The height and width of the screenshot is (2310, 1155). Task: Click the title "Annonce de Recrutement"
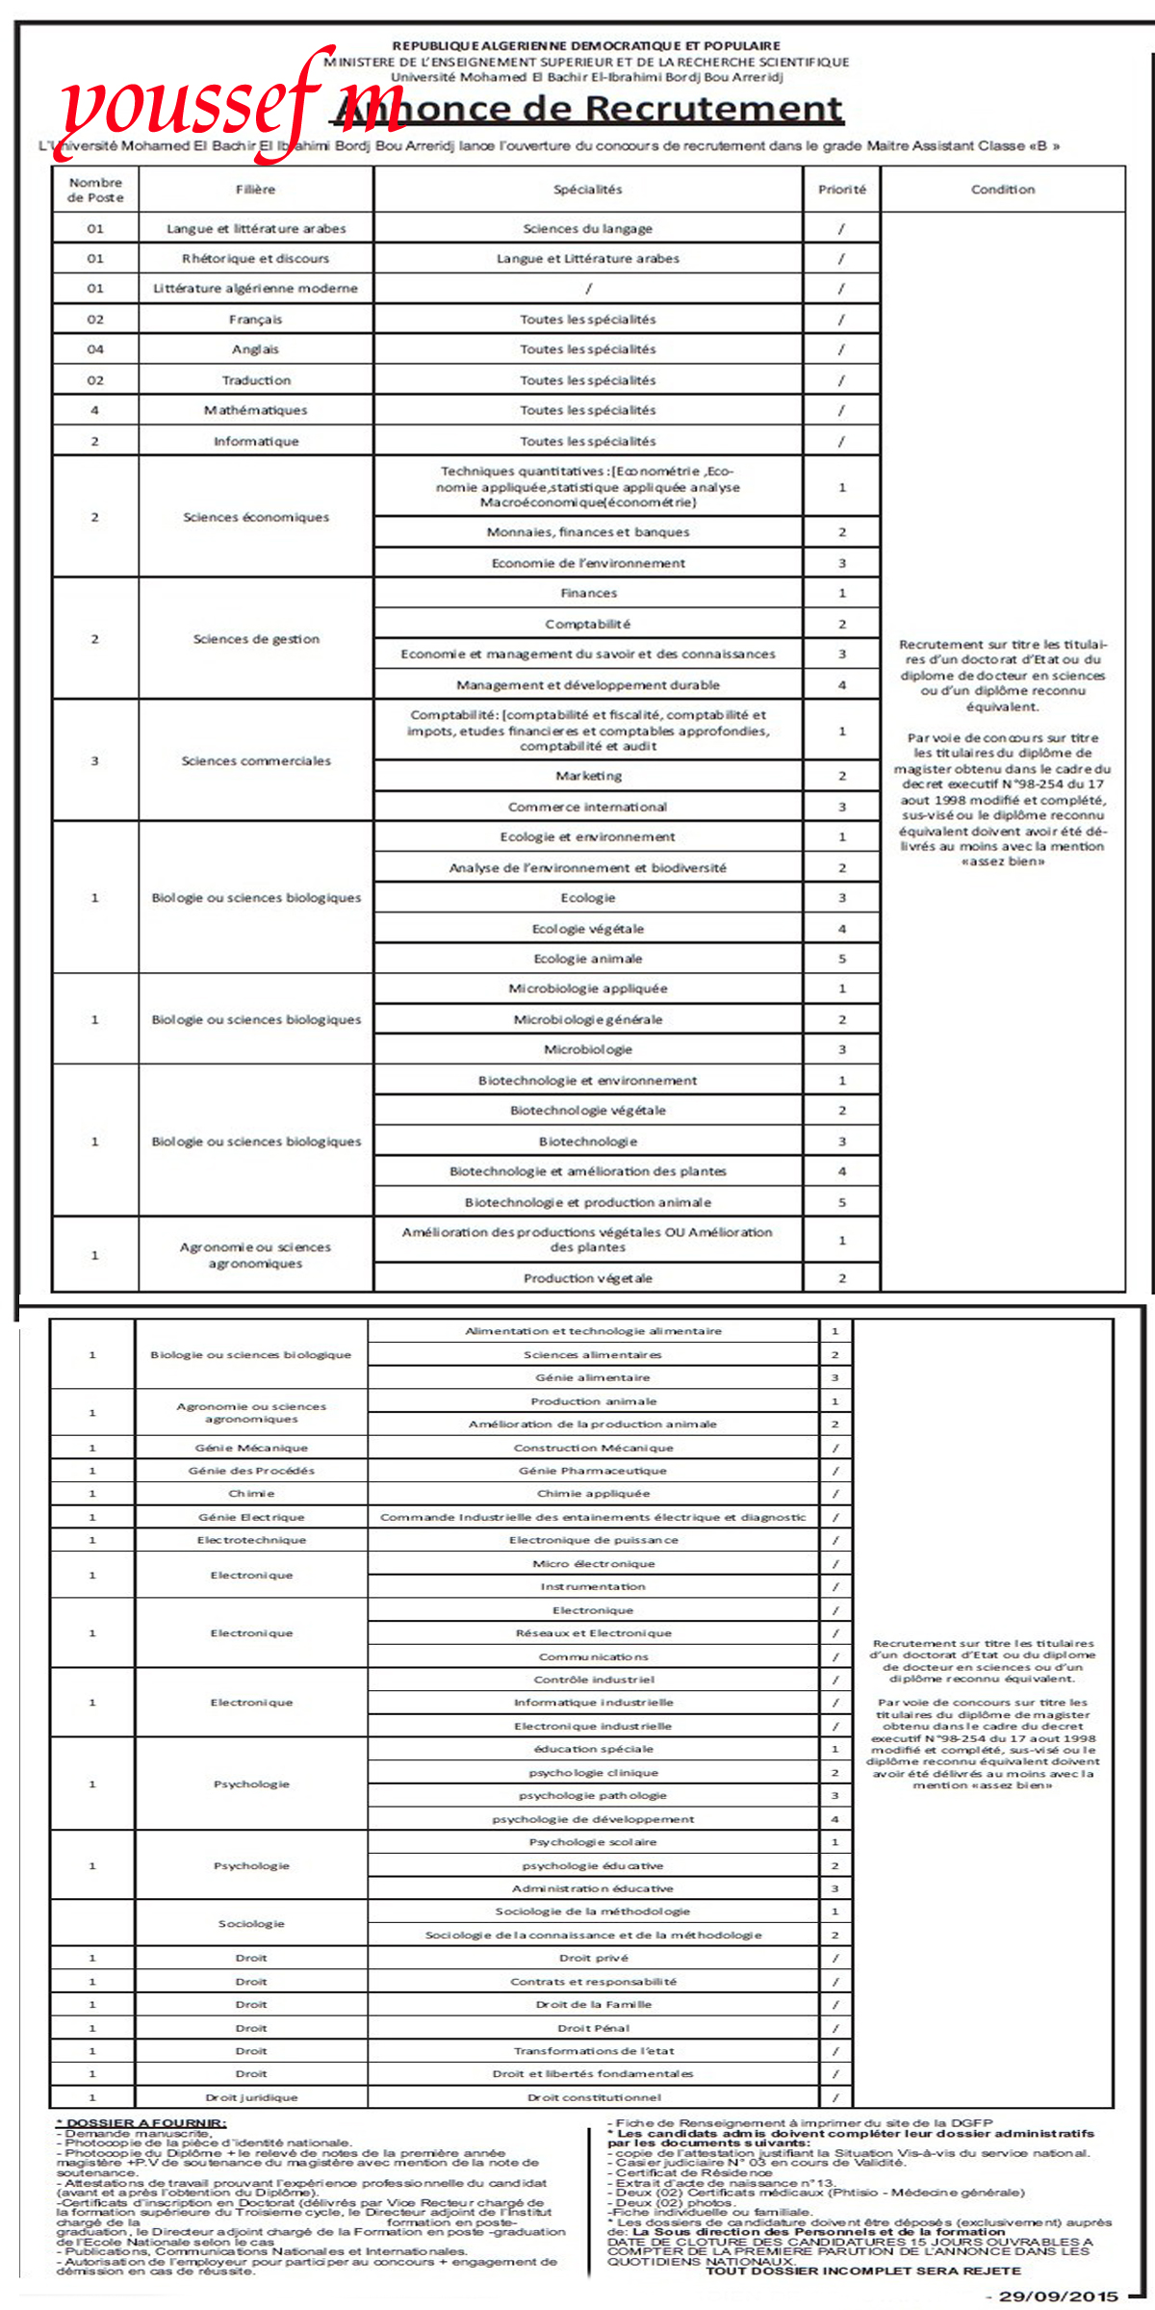point(589,109)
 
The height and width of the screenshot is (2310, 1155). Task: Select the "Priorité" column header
point(842,190)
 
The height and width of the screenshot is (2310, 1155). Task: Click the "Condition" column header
point(1003,190)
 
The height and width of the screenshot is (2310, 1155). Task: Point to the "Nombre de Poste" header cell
point(95,190)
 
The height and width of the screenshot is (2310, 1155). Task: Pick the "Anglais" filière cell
point(255,349)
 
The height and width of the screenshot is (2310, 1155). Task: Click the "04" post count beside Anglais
point(95,349)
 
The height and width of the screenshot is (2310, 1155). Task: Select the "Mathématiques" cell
point(255,410)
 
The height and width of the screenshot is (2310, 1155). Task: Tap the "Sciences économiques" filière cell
point(255,517)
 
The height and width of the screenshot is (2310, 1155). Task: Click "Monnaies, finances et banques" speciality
point(588,532)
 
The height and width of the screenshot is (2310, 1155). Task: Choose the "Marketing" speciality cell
point(588,776)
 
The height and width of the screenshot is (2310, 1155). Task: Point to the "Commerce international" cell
point(588,807)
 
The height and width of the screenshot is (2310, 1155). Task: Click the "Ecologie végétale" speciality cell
point(588,929)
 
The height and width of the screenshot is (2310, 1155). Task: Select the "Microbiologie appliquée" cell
point(588,988)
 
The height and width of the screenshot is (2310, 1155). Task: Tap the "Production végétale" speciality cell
point(588,1278)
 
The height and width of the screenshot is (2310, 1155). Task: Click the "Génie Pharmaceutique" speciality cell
point(593,1471)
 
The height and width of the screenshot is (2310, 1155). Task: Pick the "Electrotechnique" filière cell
point(251,1540)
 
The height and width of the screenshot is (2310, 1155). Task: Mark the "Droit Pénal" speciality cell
point(593,2028)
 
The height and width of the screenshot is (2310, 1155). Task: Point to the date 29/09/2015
point(1059,2296)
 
